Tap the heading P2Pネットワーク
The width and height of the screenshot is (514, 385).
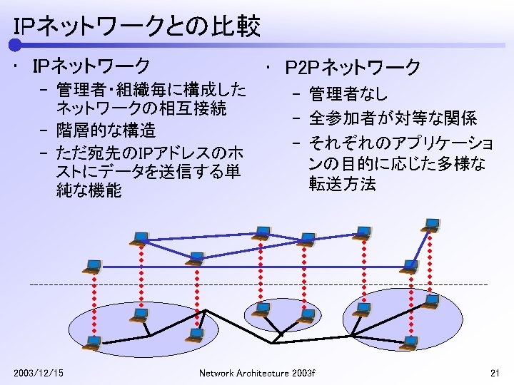coord(353,68)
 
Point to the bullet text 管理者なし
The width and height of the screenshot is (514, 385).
coord(348,93)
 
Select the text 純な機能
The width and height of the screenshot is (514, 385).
coord(89,191)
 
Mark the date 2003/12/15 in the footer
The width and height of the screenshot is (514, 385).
coord(39,373)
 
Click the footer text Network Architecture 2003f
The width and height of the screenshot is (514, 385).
coord(256,373)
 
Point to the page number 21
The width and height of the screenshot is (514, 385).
coord(495,373)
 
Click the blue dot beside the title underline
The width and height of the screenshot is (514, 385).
coord(14,45)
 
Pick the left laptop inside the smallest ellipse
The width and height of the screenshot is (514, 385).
coord(262,309)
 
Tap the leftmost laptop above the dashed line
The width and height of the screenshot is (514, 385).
coord(91,267)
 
